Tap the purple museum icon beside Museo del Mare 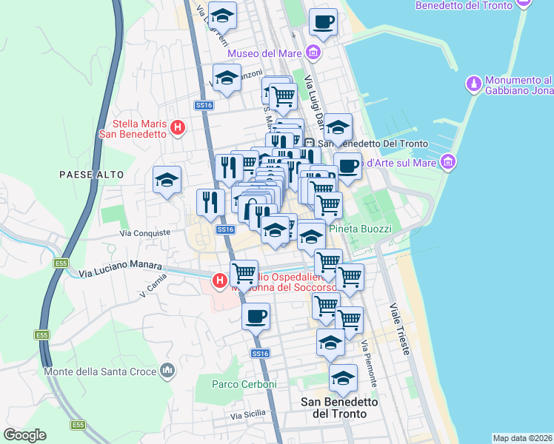(313, 53)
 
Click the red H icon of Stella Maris (177, 128)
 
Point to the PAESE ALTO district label (86, 173)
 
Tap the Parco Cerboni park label (244, 384)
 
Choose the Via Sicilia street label (247, 416)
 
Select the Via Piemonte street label (370, 363)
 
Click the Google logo (24, 435)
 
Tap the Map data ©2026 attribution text (521, 437)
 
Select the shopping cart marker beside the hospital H (244, 273)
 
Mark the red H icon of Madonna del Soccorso (219, 280)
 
